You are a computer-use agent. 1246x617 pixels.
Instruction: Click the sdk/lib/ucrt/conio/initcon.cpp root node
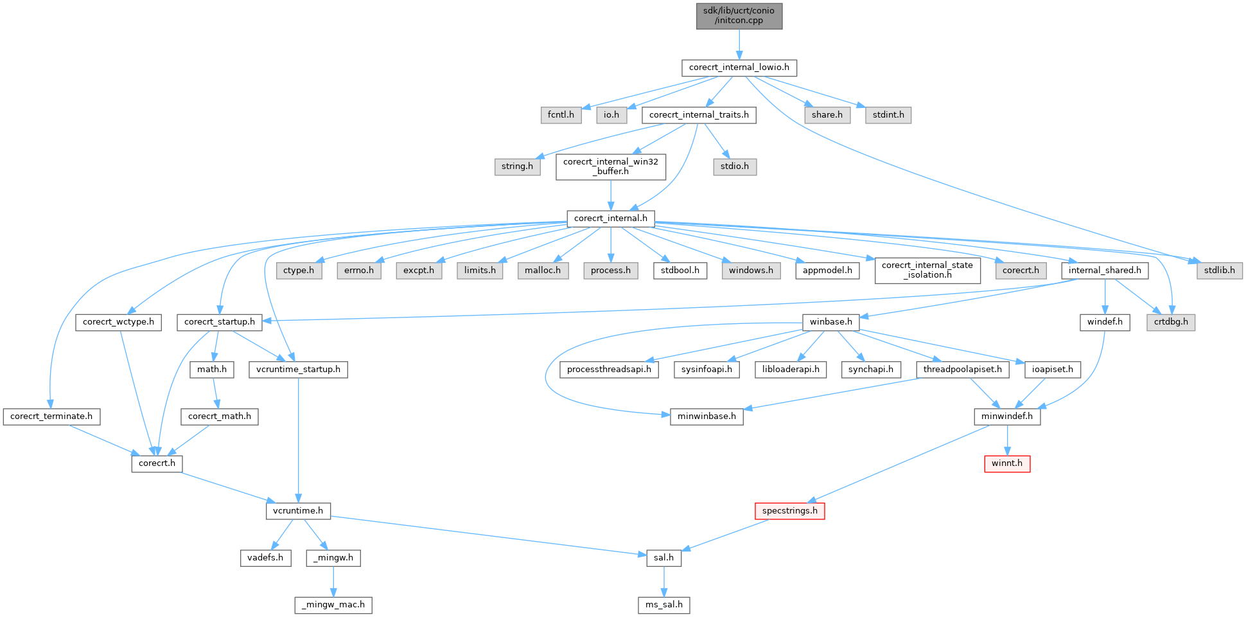(739, 15)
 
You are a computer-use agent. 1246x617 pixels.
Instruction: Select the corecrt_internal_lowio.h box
(739, 67)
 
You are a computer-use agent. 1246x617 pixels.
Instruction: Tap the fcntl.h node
(561, 115)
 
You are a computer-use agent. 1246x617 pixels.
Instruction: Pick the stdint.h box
(888, 115)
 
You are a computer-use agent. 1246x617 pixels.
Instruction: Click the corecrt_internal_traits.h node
(699, 115)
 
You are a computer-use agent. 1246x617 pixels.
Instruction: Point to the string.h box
(517, 166)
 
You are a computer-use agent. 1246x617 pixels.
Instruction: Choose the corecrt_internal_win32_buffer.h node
(610, 166)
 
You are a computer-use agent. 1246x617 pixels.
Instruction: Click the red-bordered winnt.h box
(1006, 463)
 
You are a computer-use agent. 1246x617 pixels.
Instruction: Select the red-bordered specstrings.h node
(789, 511)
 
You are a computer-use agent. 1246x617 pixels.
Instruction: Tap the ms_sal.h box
(663, 605)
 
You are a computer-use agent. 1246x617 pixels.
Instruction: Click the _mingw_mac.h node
(333, 605)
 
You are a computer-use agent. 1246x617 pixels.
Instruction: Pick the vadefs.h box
(265, 558)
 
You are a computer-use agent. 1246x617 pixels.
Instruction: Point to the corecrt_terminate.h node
(51, 416)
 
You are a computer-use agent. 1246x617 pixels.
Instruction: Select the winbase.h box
(830, 322)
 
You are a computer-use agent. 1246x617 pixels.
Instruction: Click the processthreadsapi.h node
(608, 370)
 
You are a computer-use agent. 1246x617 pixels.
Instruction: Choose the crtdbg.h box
(1171, 322)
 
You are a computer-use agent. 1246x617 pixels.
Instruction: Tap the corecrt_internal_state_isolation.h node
(927, 270)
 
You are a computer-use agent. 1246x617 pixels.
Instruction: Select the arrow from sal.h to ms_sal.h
(663, 581)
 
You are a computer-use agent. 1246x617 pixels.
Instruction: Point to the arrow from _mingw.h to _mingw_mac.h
(333, 581)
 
